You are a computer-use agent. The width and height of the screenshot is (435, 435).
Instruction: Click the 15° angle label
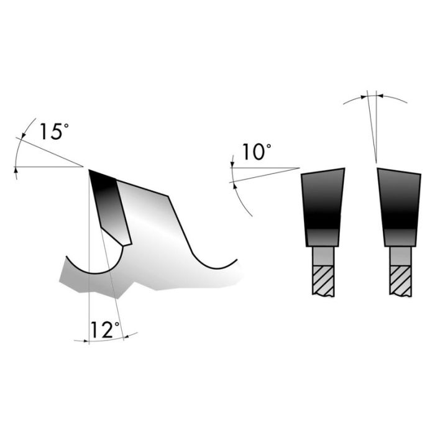click(53, 132)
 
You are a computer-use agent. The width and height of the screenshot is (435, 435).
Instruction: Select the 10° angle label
click(257, 152)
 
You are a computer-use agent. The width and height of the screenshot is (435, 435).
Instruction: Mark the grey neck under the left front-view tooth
click(323, 255)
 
